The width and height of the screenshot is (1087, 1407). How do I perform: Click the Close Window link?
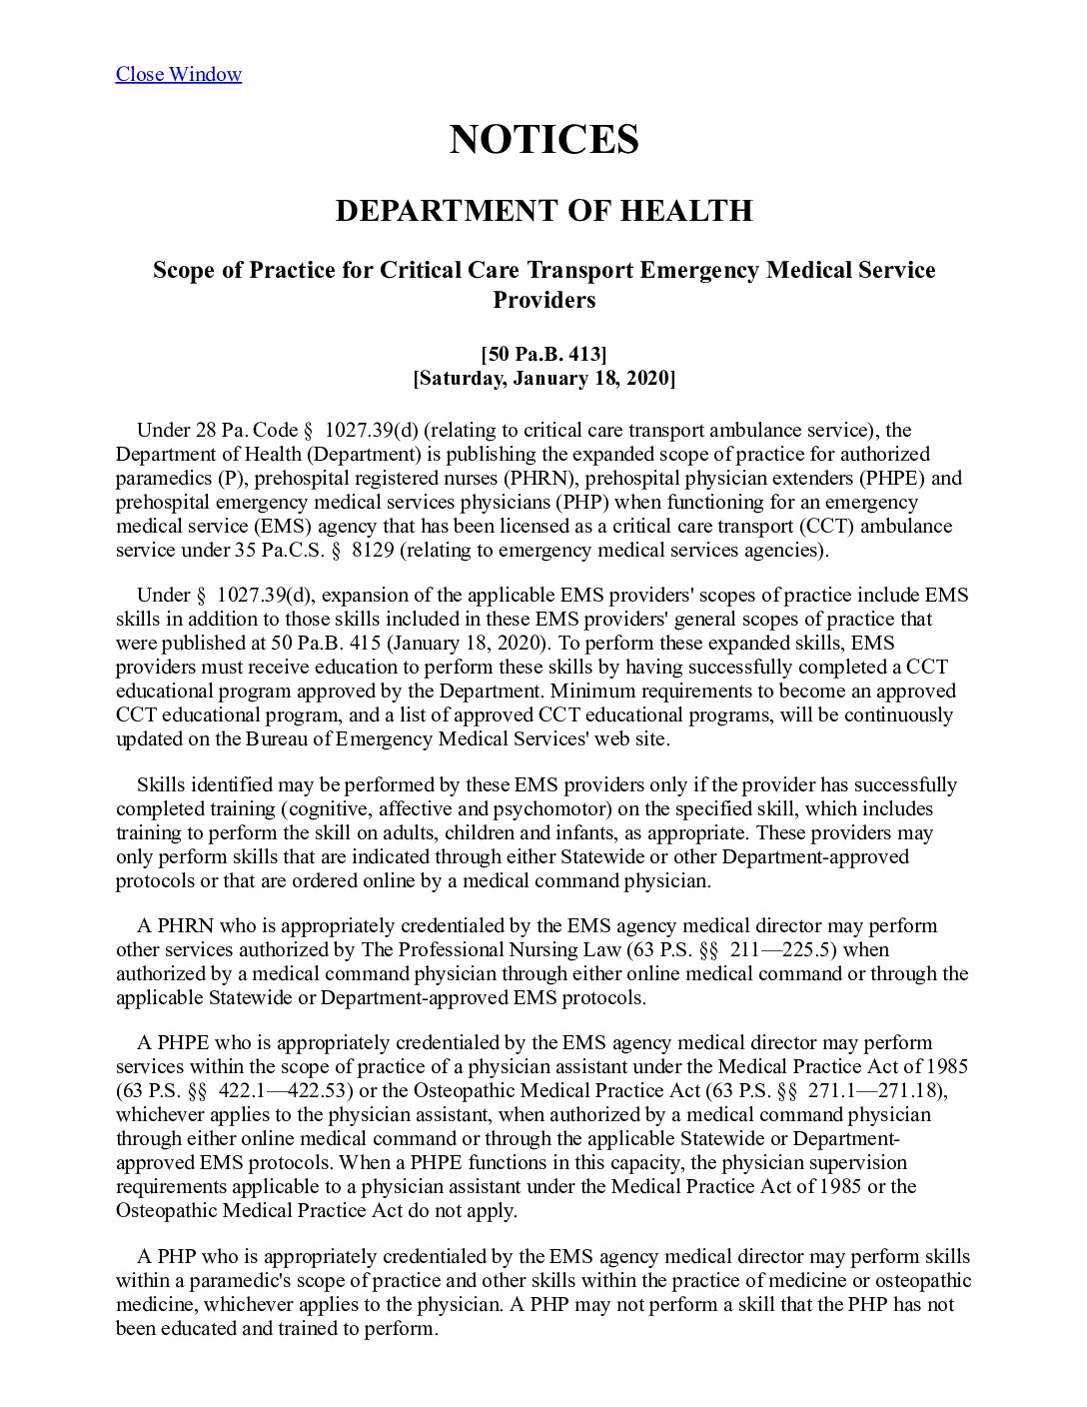178,74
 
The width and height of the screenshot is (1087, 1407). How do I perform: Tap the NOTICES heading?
543,139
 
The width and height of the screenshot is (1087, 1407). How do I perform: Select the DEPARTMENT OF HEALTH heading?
543,211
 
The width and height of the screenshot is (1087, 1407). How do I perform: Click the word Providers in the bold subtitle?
543,300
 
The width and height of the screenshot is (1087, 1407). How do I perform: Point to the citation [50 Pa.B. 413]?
543,354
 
